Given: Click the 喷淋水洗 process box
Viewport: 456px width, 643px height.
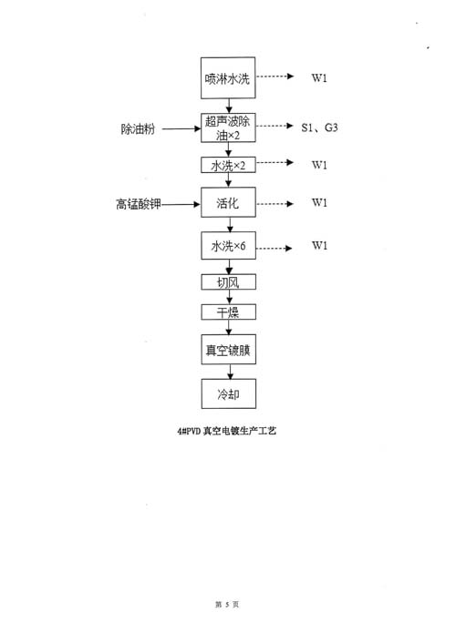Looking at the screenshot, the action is (228, 78).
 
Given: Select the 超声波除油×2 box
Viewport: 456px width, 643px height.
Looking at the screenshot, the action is (228, 128).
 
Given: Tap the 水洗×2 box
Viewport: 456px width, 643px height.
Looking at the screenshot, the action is (228, 165).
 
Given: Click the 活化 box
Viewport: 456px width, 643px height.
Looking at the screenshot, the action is (228, 202).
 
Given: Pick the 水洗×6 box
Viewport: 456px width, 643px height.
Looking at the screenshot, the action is (228, 246).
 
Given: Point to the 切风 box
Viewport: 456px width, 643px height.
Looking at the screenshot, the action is (228, 282).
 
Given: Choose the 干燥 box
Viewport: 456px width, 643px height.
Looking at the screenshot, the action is (228, 312).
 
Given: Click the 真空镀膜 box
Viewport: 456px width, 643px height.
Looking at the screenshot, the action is (228, 350).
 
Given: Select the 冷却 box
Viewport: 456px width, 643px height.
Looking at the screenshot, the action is (228, 393).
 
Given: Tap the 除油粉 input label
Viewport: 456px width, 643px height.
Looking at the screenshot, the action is (138, 128).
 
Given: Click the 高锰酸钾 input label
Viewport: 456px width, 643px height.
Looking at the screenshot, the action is (139, 204).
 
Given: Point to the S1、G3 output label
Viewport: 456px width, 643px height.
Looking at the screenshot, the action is (319, 128).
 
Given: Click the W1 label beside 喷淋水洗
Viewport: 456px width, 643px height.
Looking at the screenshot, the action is (319, 77).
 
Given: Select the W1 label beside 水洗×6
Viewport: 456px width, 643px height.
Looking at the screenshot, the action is (319, 245).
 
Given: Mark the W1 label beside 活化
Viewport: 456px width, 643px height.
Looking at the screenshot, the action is (319, 202).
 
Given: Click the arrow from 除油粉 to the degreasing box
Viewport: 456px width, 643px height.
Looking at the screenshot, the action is (181, 128).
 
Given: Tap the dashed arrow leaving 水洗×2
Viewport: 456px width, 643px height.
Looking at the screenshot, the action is (275, 162).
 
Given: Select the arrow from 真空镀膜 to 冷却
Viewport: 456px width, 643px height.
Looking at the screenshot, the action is (230, 372).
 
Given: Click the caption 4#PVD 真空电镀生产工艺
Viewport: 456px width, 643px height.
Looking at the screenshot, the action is (227, 431).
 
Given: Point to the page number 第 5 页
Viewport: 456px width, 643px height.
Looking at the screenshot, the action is (227, 605).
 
